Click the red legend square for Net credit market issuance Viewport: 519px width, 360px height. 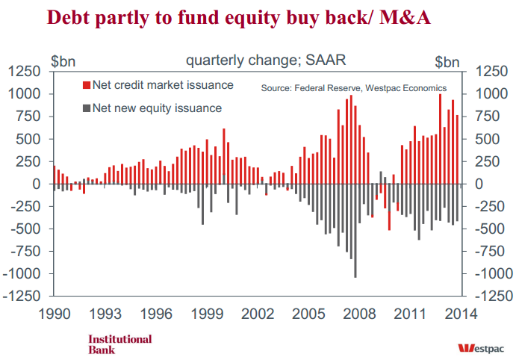click(x=87, y=85)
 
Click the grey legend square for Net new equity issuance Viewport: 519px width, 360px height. click(x=87, y=108)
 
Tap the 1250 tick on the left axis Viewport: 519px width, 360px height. click(x=29, y=72)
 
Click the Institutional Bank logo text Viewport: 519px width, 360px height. click(x=119, y=344)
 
